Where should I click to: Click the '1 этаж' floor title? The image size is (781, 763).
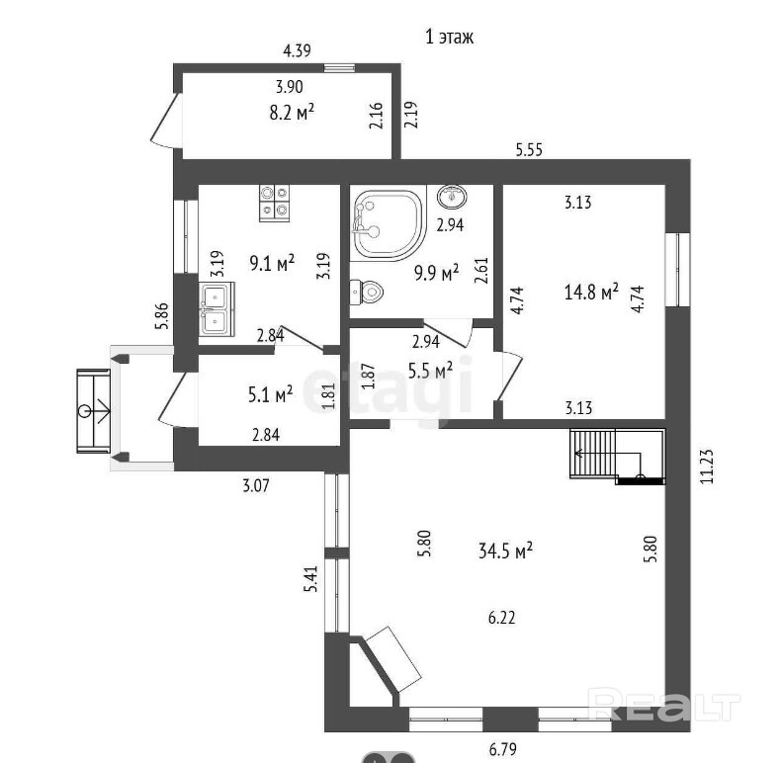pos(449,37)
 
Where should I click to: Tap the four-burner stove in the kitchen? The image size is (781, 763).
pos(274,204)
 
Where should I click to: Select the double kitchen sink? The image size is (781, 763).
pos(217,308)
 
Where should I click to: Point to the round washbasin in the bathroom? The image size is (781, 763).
pos(452,196)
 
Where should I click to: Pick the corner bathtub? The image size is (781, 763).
pos(388,224)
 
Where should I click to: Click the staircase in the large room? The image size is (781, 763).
pos(618,457)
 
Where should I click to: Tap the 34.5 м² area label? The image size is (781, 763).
pos(505,551)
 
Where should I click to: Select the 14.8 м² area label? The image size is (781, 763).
pos(591,292)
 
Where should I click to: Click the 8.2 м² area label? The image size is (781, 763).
pos(292,112)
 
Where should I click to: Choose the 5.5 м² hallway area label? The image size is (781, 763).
pos(430,370)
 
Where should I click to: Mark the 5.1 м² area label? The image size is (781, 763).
pos(270,395)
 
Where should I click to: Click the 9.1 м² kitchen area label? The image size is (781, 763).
pos(272,263)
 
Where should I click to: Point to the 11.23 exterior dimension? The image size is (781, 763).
pos(707,466)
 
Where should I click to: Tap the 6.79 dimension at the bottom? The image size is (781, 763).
pos(502,748)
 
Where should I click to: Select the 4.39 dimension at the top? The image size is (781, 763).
pos(297,50)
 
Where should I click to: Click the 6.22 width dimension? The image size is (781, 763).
pos(501,618)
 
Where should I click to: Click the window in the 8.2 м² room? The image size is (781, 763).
pos(339,68)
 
